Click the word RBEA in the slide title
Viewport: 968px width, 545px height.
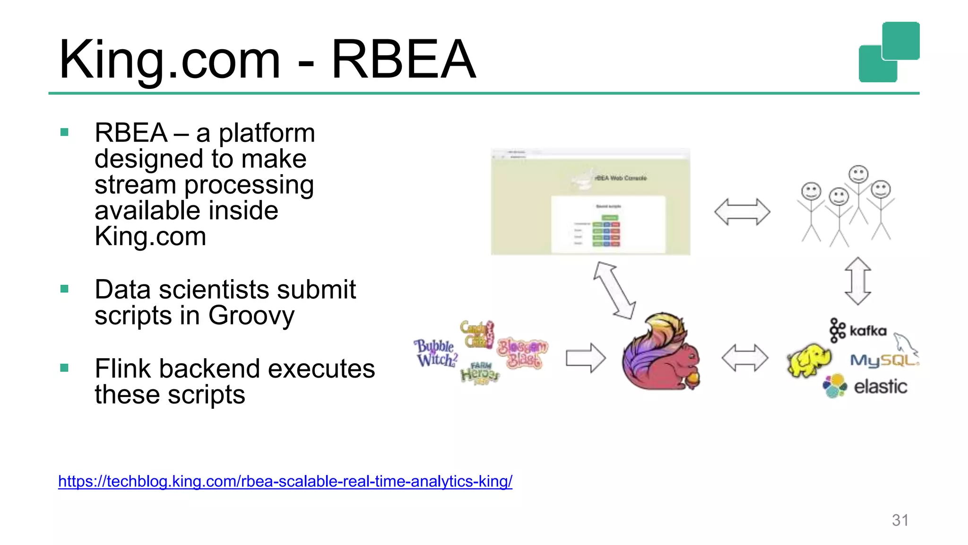click(x=403, y=60)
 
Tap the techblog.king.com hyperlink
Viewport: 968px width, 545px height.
click(x=285, y=481)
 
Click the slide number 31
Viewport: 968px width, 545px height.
click(x=900, y=520)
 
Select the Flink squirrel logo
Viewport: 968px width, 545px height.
click(x=661, y=352)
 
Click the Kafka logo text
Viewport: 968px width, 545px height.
click(x=868, y=330)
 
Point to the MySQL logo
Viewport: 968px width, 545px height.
click(x=883, y=360)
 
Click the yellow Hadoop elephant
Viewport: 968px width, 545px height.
click(x=809, y=360)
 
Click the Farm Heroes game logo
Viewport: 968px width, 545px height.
click(x=480, y=373)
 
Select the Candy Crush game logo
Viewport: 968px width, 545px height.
click(x=476, y=334)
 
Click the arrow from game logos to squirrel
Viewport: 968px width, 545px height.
click(x=586, y=358)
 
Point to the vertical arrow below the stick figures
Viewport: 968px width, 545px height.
click(x=858, y=281)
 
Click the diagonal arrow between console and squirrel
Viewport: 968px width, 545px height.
click(x=614, y=290)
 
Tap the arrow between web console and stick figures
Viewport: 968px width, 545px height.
click(x=742, y=211)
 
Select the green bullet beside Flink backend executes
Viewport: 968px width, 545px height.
click(x=65, y=368)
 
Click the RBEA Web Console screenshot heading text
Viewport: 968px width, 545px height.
click(x=621, y=178)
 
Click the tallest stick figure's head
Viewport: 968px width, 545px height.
click(x=858, y=174)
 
